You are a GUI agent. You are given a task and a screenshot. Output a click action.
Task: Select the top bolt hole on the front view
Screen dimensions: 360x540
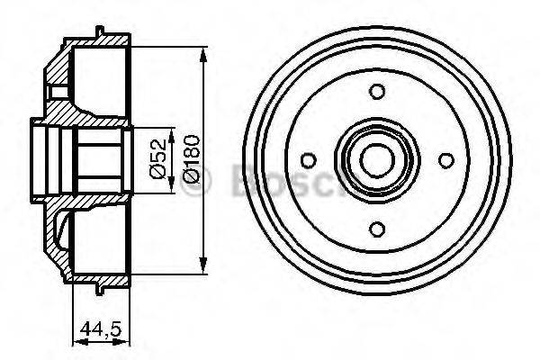coord(378,90)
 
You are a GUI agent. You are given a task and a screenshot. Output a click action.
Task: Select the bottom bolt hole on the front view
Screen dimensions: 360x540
coord(378,229)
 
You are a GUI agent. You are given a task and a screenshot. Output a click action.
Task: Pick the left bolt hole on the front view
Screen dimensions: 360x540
coord(308,159)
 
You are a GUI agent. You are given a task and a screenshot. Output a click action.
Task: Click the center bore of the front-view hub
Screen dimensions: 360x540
coord(377,159)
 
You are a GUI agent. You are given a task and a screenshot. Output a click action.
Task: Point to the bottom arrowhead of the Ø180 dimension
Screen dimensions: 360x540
coord(206,266)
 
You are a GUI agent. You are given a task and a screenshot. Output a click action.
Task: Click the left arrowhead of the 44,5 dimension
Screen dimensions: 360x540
coord(74,340)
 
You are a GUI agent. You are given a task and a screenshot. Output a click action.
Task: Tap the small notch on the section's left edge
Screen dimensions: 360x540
coord(56,91)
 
